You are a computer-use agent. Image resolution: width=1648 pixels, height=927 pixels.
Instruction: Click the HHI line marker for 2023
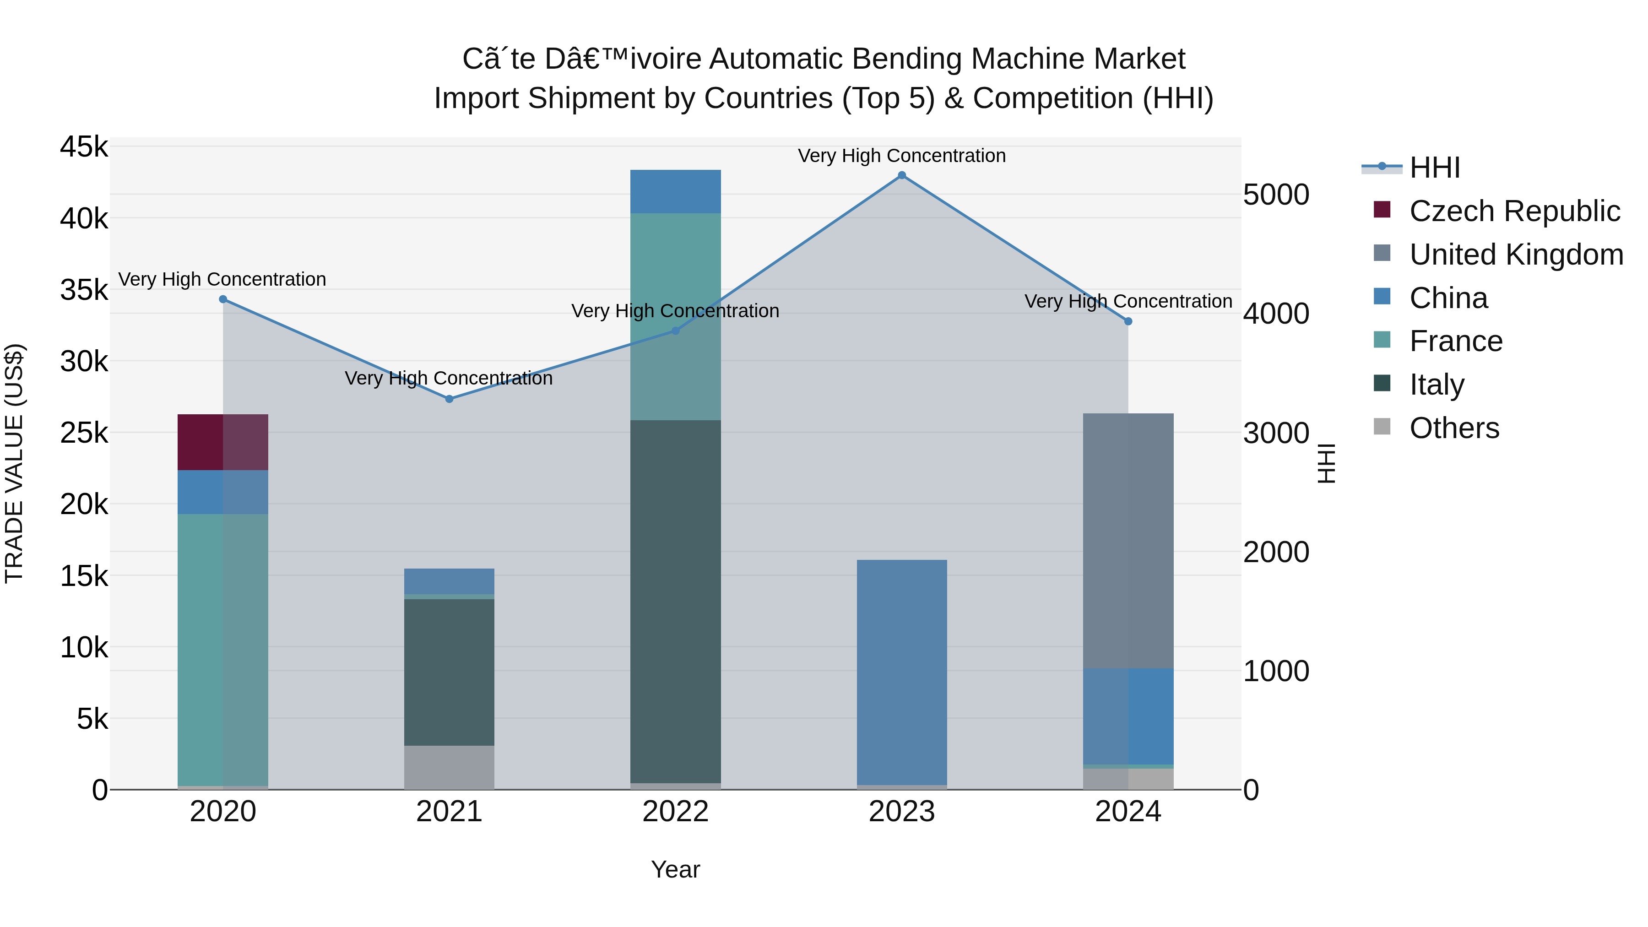pos(901,175)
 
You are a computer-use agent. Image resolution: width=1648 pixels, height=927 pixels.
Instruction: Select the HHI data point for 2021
pos(449,399)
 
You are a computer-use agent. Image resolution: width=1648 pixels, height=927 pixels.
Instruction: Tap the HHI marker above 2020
pos(222,299)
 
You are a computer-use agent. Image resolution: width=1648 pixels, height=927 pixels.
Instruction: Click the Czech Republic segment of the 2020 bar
pos(222,442)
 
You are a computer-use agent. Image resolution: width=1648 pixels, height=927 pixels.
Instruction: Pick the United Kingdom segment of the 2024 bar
pos(1128,541)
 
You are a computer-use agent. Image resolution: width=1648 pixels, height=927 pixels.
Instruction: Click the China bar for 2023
pos(901,672)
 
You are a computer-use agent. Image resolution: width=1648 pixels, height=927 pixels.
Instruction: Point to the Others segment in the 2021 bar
pos(449,767)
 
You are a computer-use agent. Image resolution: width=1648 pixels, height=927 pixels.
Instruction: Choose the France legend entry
pos(1455,342)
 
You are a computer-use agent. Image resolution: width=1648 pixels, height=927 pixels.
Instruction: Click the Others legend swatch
pos(1382,427)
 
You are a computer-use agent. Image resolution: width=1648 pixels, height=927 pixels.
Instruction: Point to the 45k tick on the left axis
pos(84,147)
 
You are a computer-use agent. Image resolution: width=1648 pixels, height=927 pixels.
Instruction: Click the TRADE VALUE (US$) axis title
pos(14,463)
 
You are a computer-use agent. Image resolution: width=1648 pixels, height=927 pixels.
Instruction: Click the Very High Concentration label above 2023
pos(901,156)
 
